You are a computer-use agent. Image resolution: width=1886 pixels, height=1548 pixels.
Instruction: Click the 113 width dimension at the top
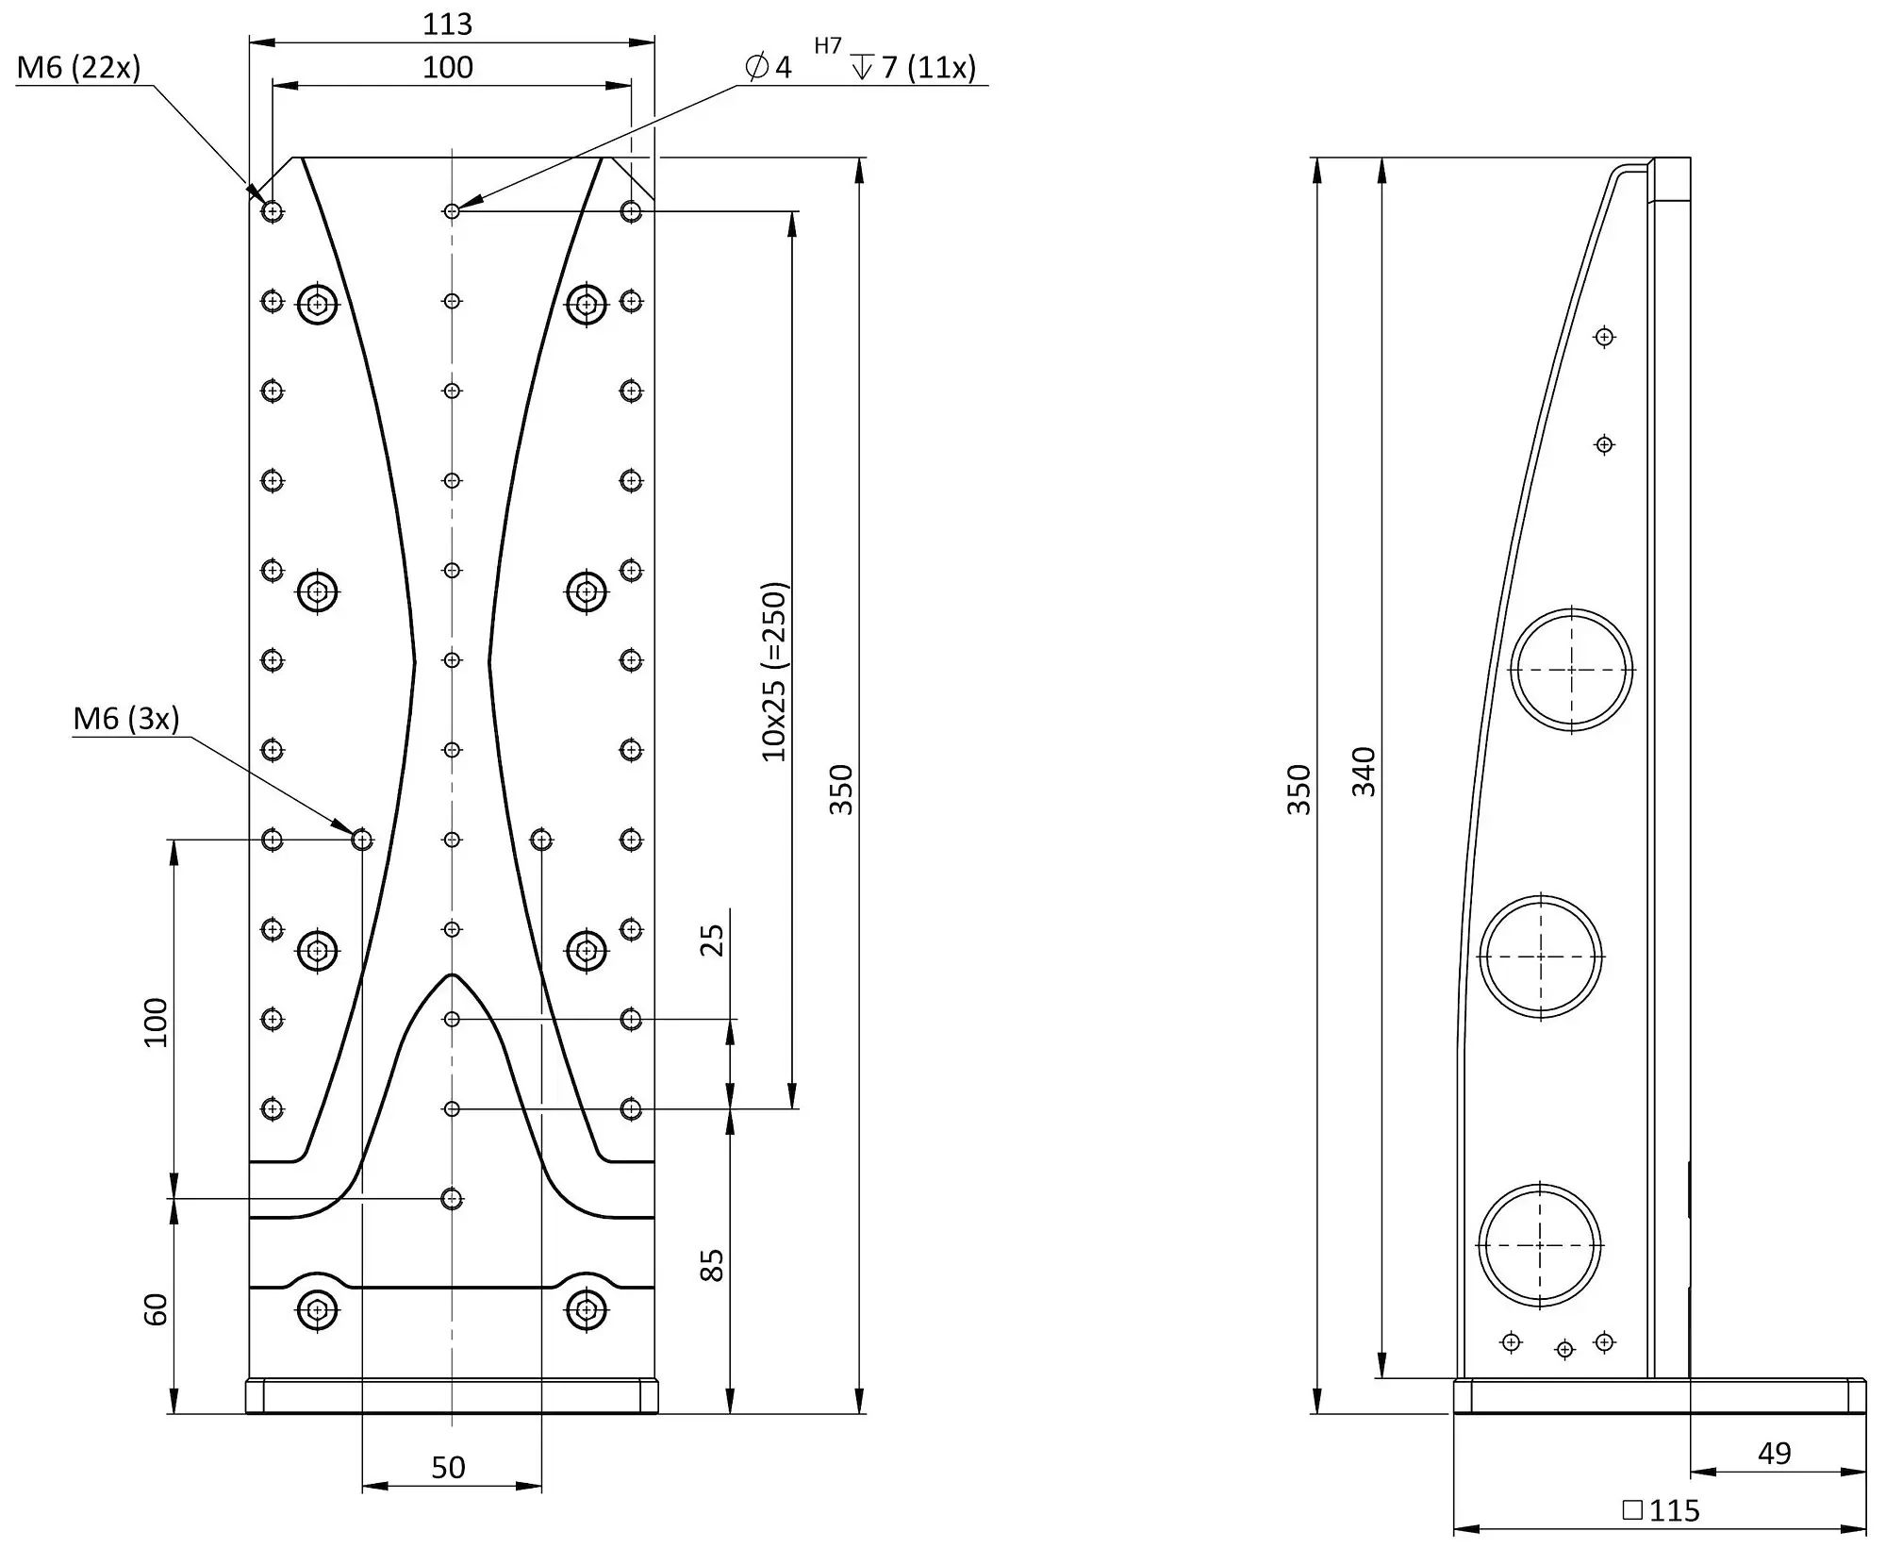[x=447, y=24]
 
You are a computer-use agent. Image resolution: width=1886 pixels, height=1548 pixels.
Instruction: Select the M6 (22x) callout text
[x=78, y=67]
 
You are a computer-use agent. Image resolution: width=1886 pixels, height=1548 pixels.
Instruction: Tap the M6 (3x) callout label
[x=125, y=719]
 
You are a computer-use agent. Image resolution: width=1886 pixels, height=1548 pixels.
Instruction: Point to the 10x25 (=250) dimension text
[x=773, y=672]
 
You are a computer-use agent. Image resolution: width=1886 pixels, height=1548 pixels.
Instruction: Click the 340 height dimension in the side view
[x=1364, y=771]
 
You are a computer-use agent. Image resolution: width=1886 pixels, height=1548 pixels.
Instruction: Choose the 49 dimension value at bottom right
[x=1774, y=1453]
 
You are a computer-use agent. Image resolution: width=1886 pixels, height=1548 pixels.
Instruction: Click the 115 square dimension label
[x=1661, y=1510]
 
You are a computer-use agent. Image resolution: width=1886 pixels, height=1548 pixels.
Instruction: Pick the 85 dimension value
[x=713, y=1264]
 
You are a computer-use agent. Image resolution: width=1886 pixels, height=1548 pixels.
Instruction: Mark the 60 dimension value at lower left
[x=156, y=1309]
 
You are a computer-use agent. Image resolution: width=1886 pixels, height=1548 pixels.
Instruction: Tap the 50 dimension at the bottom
[x=448, y=1467]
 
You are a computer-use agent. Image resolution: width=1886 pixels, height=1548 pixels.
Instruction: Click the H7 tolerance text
[x=828, y=45]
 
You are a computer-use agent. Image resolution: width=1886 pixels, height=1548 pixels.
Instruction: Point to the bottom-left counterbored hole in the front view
[x=318, y=1309]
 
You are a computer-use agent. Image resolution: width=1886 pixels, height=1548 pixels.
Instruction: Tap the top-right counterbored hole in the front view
[x=587, y=305]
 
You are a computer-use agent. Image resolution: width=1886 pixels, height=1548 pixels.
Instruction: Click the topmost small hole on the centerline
[x=452, y=211]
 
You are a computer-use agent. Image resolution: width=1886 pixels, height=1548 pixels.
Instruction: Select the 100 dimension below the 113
[x=448, y=67]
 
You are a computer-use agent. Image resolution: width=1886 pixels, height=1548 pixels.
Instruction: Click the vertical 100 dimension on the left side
[x=156, y=1022]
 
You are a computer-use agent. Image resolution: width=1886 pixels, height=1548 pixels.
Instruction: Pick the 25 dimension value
[x=713, y=940]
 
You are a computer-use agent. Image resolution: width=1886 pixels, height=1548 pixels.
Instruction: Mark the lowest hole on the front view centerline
[x=452, y=1199]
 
